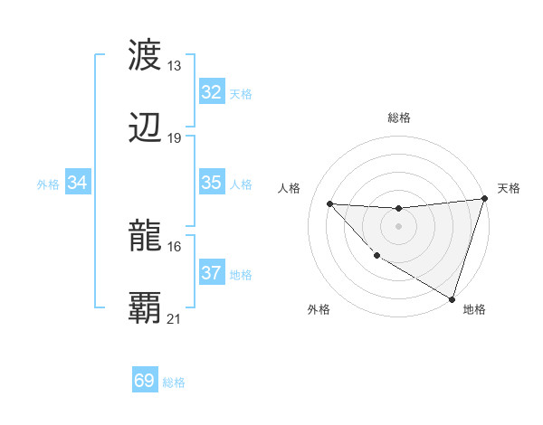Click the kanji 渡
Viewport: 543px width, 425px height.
[146, 56]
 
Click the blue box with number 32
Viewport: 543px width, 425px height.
[211, 92]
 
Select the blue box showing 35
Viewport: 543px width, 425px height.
[211, 183]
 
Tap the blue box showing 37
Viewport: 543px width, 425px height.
[211, 273]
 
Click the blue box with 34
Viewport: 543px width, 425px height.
[78, 183]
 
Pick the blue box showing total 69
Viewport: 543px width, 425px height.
[145, 381]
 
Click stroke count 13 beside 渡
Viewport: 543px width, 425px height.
[175, 66]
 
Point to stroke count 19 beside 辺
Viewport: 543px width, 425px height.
[175, 138]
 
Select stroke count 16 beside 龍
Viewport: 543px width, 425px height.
[175, 246]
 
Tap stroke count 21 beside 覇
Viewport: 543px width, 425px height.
[175, 319]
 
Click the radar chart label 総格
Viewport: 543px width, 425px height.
[399, 118]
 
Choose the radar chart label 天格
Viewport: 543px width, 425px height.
[509, 188]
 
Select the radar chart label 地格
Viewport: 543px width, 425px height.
[474, 309]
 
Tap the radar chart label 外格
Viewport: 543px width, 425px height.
[319, 309]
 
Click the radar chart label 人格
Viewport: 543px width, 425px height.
[290, 188]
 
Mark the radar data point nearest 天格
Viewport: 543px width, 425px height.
[484, 200]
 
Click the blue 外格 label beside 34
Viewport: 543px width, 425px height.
[48, 184]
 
